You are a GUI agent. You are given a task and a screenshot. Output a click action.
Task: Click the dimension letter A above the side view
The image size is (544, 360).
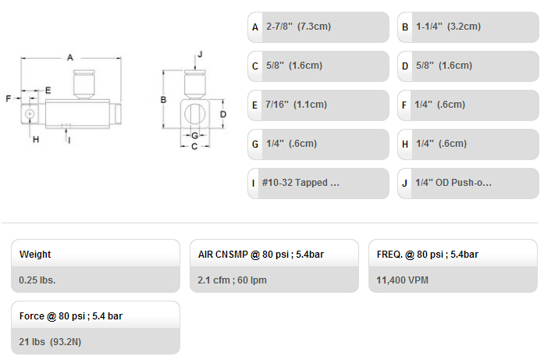pos(70,57)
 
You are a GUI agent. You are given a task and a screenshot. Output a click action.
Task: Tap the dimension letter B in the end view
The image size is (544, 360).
pos(163,100)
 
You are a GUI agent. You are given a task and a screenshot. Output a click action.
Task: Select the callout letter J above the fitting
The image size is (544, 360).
pos(200,54)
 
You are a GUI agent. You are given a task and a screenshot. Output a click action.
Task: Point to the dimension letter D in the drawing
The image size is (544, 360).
pos(223,114)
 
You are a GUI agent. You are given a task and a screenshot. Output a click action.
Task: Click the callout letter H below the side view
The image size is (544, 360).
pos(36,140)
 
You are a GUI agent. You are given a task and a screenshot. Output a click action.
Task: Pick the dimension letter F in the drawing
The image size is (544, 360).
pos(9,98)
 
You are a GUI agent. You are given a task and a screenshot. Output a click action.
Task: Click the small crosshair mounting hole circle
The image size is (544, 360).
pos(30,113)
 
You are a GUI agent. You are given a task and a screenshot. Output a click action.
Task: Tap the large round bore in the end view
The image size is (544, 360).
pos(194,114)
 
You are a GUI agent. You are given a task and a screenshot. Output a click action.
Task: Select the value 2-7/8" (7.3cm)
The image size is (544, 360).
pos(298,27)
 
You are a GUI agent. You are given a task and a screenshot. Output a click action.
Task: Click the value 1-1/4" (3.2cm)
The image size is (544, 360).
pos(448,27)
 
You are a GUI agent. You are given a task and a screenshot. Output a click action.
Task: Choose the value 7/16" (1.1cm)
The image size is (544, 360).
pos(296,105)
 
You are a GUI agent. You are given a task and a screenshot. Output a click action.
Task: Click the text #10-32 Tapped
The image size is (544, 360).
pos(294,183)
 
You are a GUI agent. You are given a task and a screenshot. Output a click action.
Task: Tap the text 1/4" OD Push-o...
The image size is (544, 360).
pos(450,183)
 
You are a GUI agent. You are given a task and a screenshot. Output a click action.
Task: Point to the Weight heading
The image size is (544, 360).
pos(35,255)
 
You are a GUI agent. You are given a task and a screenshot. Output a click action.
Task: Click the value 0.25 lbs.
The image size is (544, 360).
pos(37,280)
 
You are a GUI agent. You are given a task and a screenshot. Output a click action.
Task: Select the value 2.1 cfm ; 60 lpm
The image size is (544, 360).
pos(232,280)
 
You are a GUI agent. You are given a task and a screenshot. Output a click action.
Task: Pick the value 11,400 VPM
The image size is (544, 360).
pos(403,280)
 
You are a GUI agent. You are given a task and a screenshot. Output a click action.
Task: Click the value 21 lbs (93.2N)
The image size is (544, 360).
pos(50,342)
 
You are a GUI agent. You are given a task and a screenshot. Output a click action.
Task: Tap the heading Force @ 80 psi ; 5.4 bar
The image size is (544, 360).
pos(71,316)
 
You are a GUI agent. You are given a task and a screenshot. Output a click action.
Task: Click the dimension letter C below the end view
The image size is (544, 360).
pos(194,147)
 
